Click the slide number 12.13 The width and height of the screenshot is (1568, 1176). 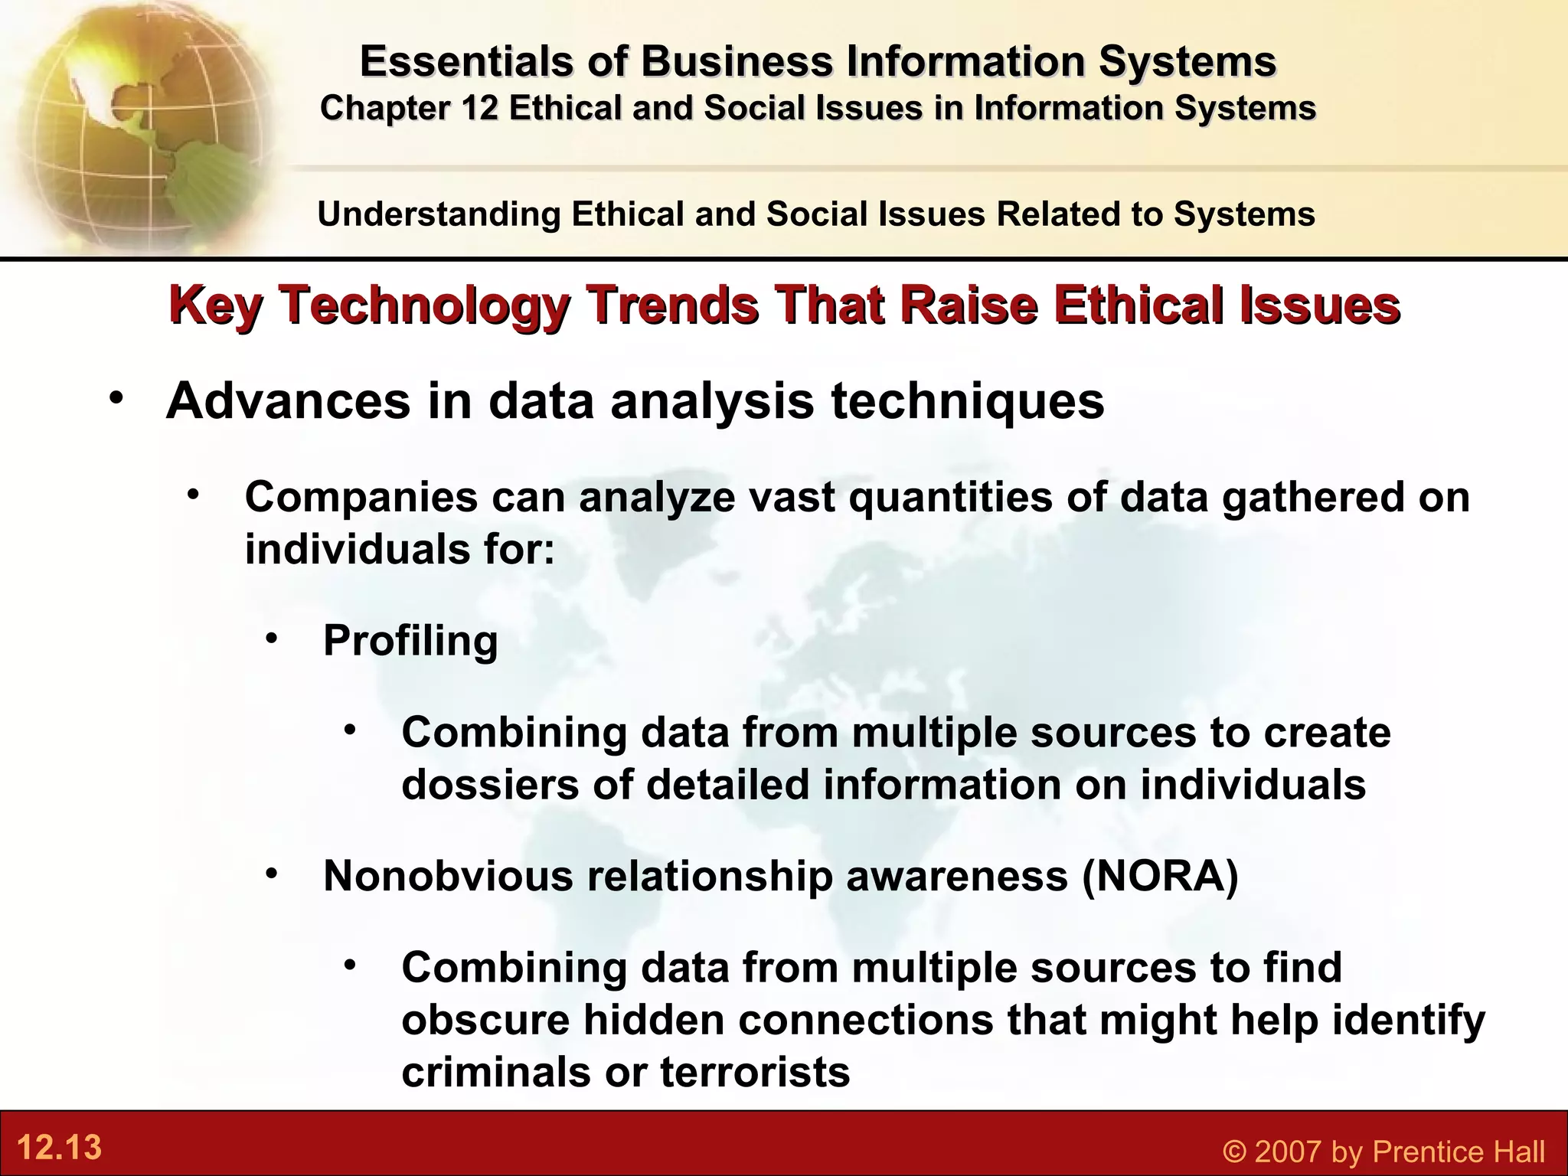[x=59, y=1148]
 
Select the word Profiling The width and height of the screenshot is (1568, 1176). [x=410, y=642]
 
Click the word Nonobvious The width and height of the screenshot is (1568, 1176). [x=448, y=876]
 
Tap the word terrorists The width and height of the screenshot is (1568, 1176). [x=755, y=1071]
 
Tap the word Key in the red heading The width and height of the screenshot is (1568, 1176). [x=216, y=306]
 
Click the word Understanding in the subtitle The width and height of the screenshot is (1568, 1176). [x=439, y=214]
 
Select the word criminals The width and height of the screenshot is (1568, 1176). [x=495, y=1071]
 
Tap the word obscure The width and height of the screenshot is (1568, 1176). [x=485, y=1020]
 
